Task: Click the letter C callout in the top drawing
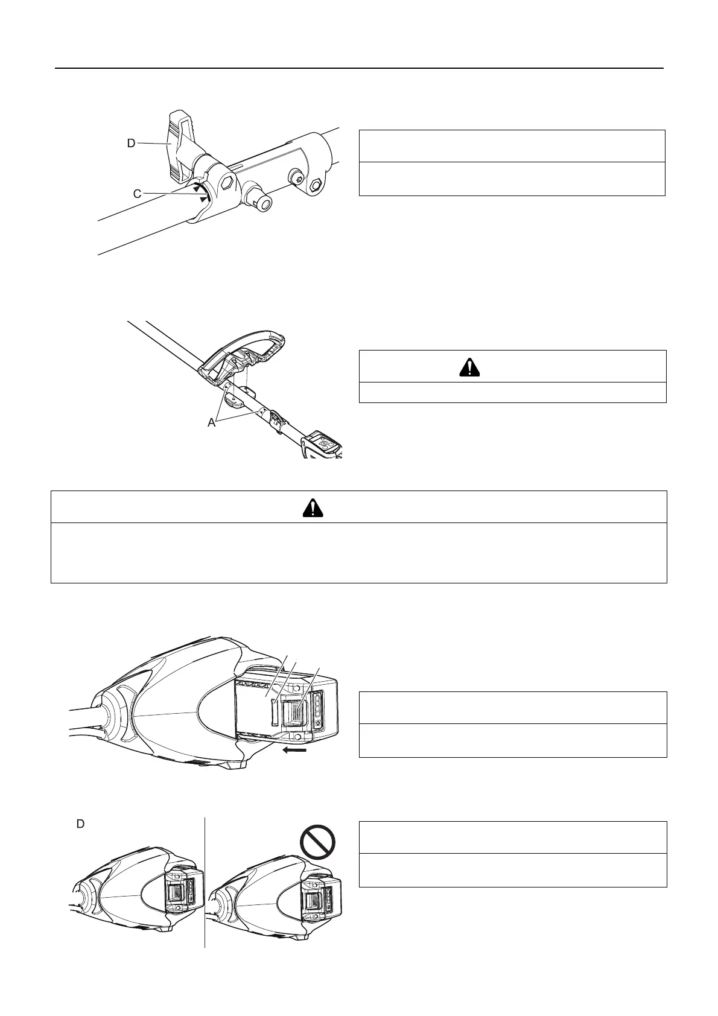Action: click(138, 194)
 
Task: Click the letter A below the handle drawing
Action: click(212, 423)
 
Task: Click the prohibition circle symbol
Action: click(317, 841)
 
